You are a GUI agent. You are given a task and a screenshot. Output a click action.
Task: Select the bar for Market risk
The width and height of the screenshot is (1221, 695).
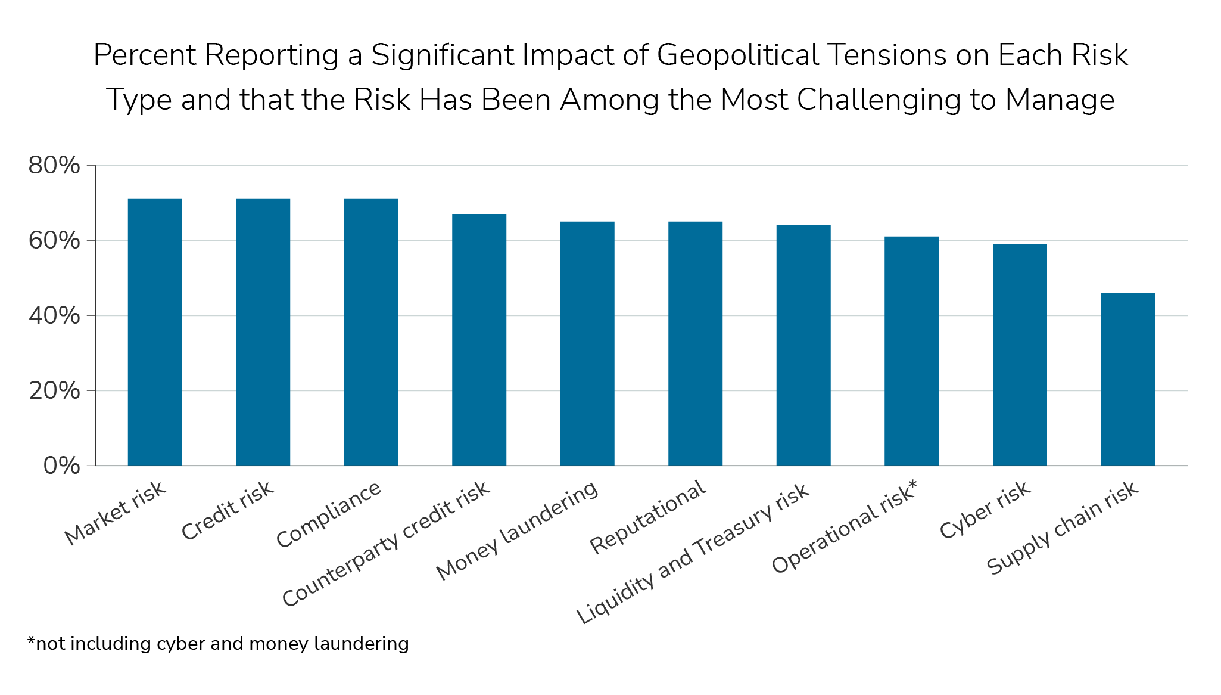click(x=155, y=332)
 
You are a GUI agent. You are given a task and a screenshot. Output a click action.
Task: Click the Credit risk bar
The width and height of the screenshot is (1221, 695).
click(x=263, y=332)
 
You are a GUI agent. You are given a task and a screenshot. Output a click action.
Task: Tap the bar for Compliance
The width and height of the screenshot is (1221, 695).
click(x=371, y=332)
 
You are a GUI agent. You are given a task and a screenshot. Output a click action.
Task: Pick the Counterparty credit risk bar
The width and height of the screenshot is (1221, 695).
click(x=479, y=340)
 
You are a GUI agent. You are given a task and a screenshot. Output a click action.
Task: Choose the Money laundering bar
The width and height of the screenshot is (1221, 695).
click(x=587, y=343)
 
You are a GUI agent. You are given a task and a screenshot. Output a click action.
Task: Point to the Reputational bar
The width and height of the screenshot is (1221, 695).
click(x=695, y=343)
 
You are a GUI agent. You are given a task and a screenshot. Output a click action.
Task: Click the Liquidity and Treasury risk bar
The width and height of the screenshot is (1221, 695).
click(x=803, y=345)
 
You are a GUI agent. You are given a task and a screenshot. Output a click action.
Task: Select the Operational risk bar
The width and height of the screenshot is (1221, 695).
click(x=911, y=351)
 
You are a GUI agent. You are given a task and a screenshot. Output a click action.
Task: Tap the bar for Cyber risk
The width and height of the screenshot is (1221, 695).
click(x=1020, y=355)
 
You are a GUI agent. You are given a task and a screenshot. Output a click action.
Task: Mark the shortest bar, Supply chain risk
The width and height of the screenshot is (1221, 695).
click(x=1127, y=379)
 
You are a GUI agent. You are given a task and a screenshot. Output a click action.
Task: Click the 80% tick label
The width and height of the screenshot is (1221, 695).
click(x=54, y=166)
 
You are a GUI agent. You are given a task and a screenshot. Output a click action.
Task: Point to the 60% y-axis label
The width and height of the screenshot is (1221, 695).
click(x=54, y=241)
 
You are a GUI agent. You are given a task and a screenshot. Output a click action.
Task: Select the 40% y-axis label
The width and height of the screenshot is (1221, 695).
click(x=54, y=316)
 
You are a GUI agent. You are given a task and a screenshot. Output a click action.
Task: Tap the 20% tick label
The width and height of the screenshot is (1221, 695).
click(x=54, y=391)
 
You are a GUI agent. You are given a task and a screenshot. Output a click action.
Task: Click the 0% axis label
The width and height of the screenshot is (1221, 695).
click(x=61, y=466)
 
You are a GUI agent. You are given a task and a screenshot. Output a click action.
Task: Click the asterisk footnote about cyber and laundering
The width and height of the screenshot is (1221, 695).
click(x=218, y=644)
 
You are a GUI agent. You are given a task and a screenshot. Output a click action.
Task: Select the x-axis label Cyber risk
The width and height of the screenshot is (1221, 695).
click(x=985, y=510)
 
